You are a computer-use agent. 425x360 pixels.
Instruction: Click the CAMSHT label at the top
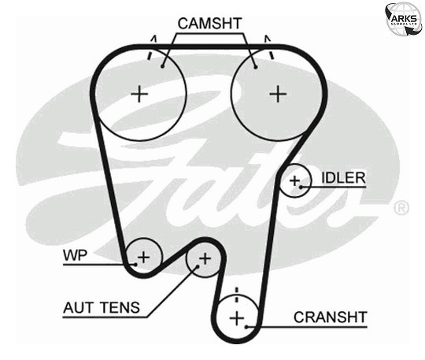[209, 24]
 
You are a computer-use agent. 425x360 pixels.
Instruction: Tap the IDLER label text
[343, 178]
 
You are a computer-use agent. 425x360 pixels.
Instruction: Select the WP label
[75, 255]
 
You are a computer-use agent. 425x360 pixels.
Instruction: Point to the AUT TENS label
[102, 308]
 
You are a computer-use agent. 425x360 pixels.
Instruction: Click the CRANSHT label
[331, 317]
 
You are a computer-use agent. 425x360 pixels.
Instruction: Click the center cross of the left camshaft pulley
[139, 95]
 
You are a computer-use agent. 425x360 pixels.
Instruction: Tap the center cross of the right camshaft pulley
[278, 95]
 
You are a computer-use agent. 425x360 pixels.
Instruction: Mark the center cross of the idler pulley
[294, 180]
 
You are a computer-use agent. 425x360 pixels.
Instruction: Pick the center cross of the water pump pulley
[144, 257]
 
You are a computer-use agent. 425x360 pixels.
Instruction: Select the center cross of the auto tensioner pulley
[205, 258]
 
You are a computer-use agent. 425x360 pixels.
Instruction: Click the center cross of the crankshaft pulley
[237, 318]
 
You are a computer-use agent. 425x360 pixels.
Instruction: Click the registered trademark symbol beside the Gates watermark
[401, 208]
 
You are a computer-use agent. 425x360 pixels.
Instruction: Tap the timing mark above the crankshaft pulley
[236, 295]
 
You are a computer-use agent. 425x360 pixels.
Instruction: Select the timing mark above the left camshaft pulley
[152, 47]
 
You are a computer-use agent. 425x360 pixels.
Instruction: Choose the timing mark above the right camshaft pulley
[269, 47]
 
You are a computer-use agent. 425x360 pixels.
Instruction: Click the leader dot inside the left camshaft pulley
[162, 66]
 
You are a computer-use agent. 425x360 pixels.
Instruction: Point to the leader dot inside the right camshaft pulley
[255, 67]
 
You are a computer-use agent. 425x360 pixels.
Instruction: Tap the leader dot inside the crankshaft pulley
[246, 327]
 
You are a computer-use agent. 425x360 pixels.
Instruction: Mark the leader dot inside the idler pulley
[301, 187]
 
